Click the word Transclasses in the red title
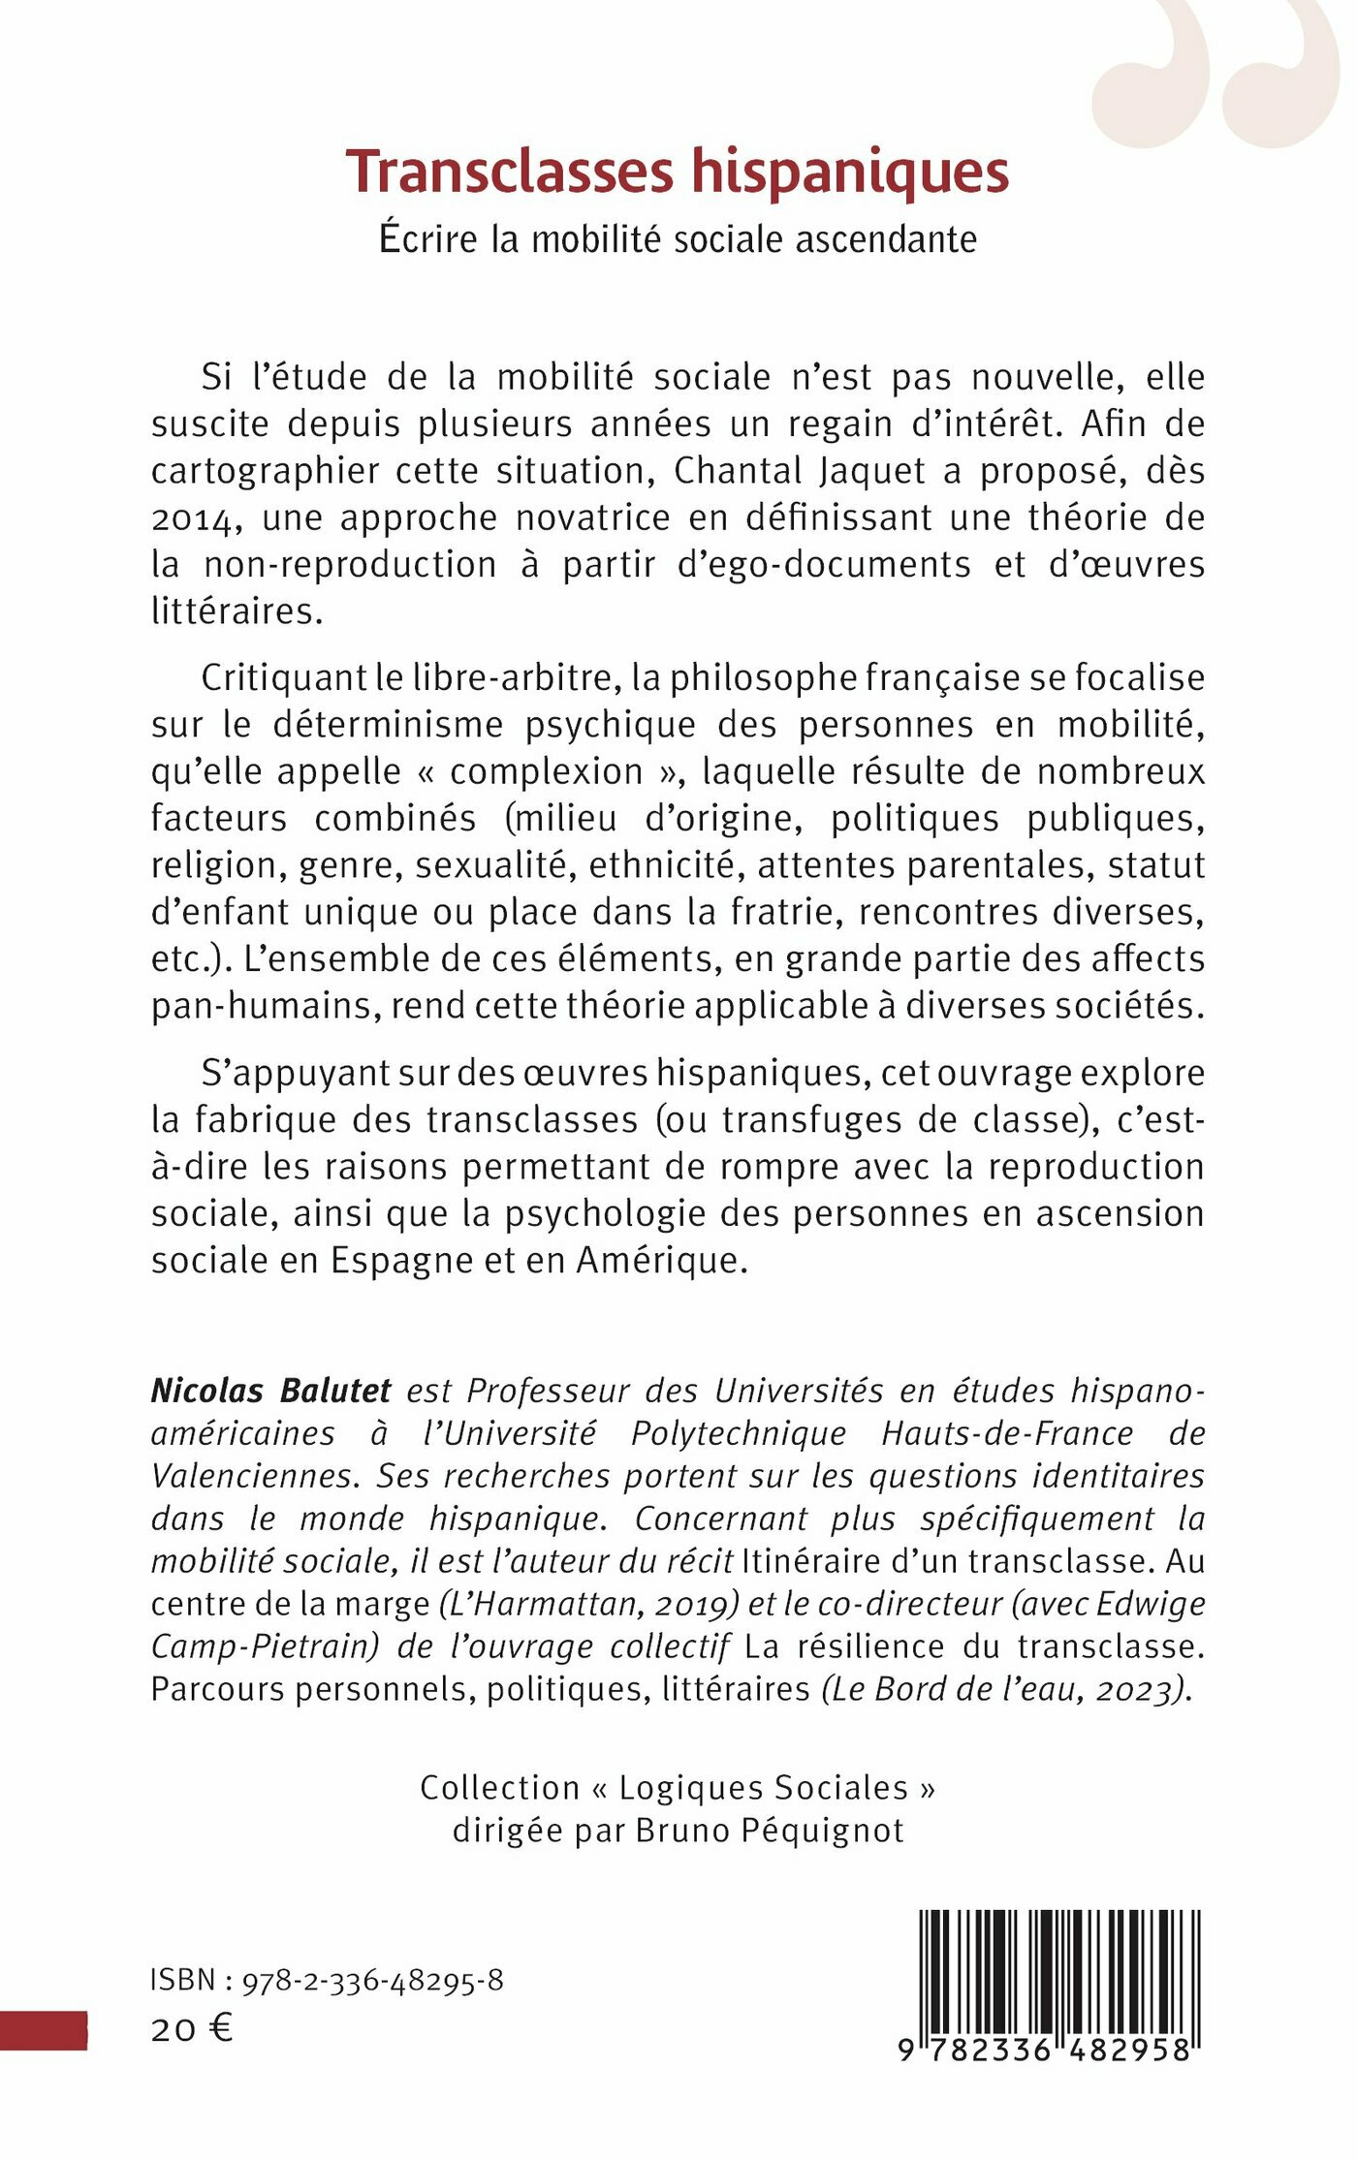[x=509, y=172]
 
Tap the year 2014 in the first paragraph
[x=194, y=518]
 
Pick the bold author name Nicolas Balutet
[x=270, y=1391]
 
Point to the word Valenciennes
[x=256, y=1476]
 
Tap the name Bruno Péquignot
[x=770, y=1831]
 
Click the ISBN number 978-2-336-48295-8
[x=372, y=1979]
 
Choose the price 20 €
[x=192, y=2028]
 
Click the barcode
[x=1058, y=1982]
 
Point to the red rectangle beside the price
[x=43, y=2029]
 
